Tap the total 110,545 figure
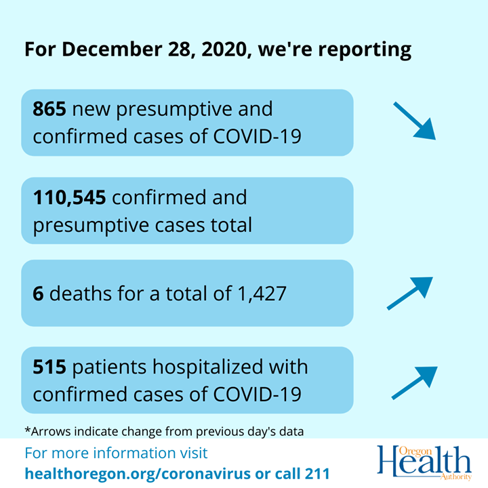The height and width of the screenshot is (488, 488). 69,197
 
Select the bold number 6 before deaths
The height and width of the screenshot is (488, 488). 39,294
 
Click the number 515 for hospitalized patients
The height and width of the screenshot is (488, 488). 49,367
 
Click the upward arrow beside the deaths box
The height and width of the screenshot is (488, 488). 409,293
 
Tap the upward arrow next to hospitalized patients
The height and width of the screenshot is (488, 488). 414,383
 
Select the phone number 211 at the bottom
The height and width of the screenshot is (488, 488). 312,473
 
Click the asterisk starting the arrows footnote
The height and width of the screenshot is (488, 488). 26,430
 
